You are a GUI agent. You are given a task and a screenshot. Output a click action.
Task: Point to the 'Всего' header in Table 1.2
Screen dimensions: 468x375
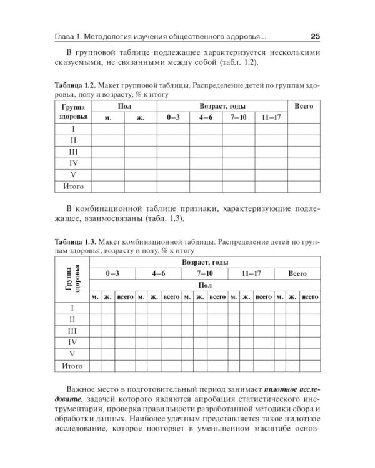303,107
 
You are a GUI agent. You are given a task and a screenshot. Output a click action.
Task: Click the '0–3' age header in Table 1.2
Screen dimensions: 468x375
172,117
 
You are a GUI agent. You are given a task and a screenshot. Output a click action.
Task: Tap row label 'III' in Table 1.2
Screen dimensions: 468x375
73,152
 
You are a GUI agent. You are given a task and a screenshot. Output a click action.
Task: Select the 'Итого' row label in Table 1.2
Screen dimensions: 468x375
73,186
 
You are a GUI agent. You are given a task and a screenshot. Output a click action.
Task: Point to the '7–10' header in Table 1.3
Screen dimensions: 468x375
204,273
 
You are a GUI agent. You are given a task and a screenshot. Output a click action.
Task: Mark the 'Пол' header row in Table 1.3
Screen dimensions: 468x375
204,285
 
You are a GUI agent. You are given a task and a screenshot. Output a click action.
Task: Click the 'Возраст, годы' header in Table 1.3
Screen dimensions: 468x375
204,262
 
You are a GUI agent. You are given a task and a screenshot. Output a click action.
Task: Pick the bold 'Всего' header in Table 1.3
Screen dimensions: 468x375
297,273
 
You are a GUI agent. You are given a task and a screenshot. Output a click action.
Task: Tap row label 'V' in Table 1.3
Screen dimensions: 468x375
72,354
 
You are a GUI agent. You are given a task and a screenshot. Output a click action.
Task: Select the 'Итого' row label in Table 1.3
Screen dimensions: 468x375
72,366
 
